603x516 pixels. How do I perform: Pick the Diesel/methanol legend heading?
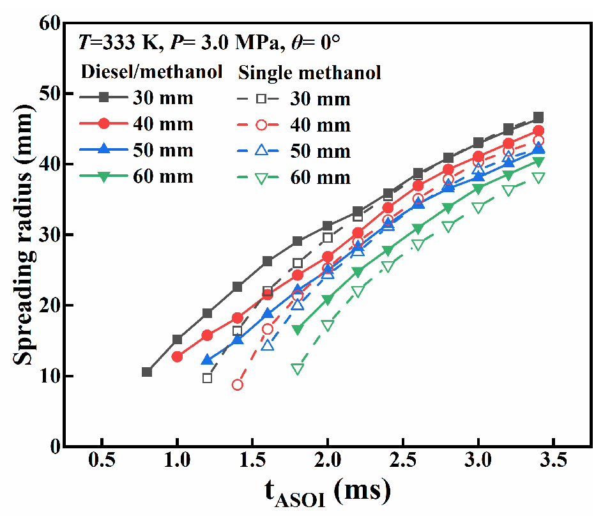click(151, 72)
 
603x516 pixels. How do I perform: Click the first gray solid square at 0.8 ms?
click(147, 372)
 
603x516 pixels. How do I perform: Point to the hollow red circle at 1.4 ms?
click(238, 384)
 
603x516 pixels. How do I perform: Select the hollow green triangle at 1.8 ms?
click(298, 369)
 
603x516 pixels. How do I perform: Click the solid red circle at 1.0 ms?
click(177, 356)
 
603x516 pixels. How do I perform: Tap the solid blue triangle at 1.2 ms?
click(207, 360)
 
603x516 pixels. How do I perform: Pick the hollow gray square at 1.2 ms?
click(207, 378)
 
